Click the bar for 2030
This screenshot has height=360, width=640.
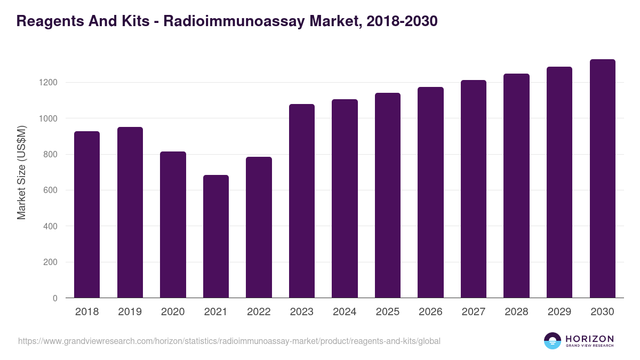(603, 179)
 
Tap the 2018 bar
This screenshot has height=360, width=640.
(87, 214)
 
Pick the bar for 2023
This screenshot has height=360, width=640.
(302, 201)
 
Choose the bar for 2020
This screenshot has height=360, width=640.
(173, 225)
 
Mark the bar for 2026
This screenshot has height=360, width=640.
(430, 193)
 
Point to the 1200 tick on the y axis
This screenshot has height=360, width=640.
(47, 83)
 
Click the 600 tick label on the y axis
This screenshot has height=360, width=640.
(50, 190)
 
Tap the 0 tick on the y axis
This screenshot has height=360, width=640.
(55, 298)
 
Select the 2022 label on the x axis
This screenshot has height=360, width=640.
(259, 312)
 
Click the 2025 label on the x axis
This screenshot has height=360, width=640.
(388, 312)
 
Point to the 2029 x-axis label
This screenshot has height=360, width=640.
(559, 312)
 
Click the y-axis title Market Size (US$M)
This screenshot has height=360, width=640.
(21, 172)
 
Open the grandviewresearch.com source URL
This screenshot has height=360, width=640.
(229, 341)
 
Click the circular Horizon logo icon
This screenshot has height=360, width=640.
(553, 341)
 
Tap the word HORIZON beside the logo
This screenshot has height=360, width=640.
(589, 339)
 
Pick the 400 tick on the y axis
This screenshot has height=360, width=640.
(50, 226)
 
